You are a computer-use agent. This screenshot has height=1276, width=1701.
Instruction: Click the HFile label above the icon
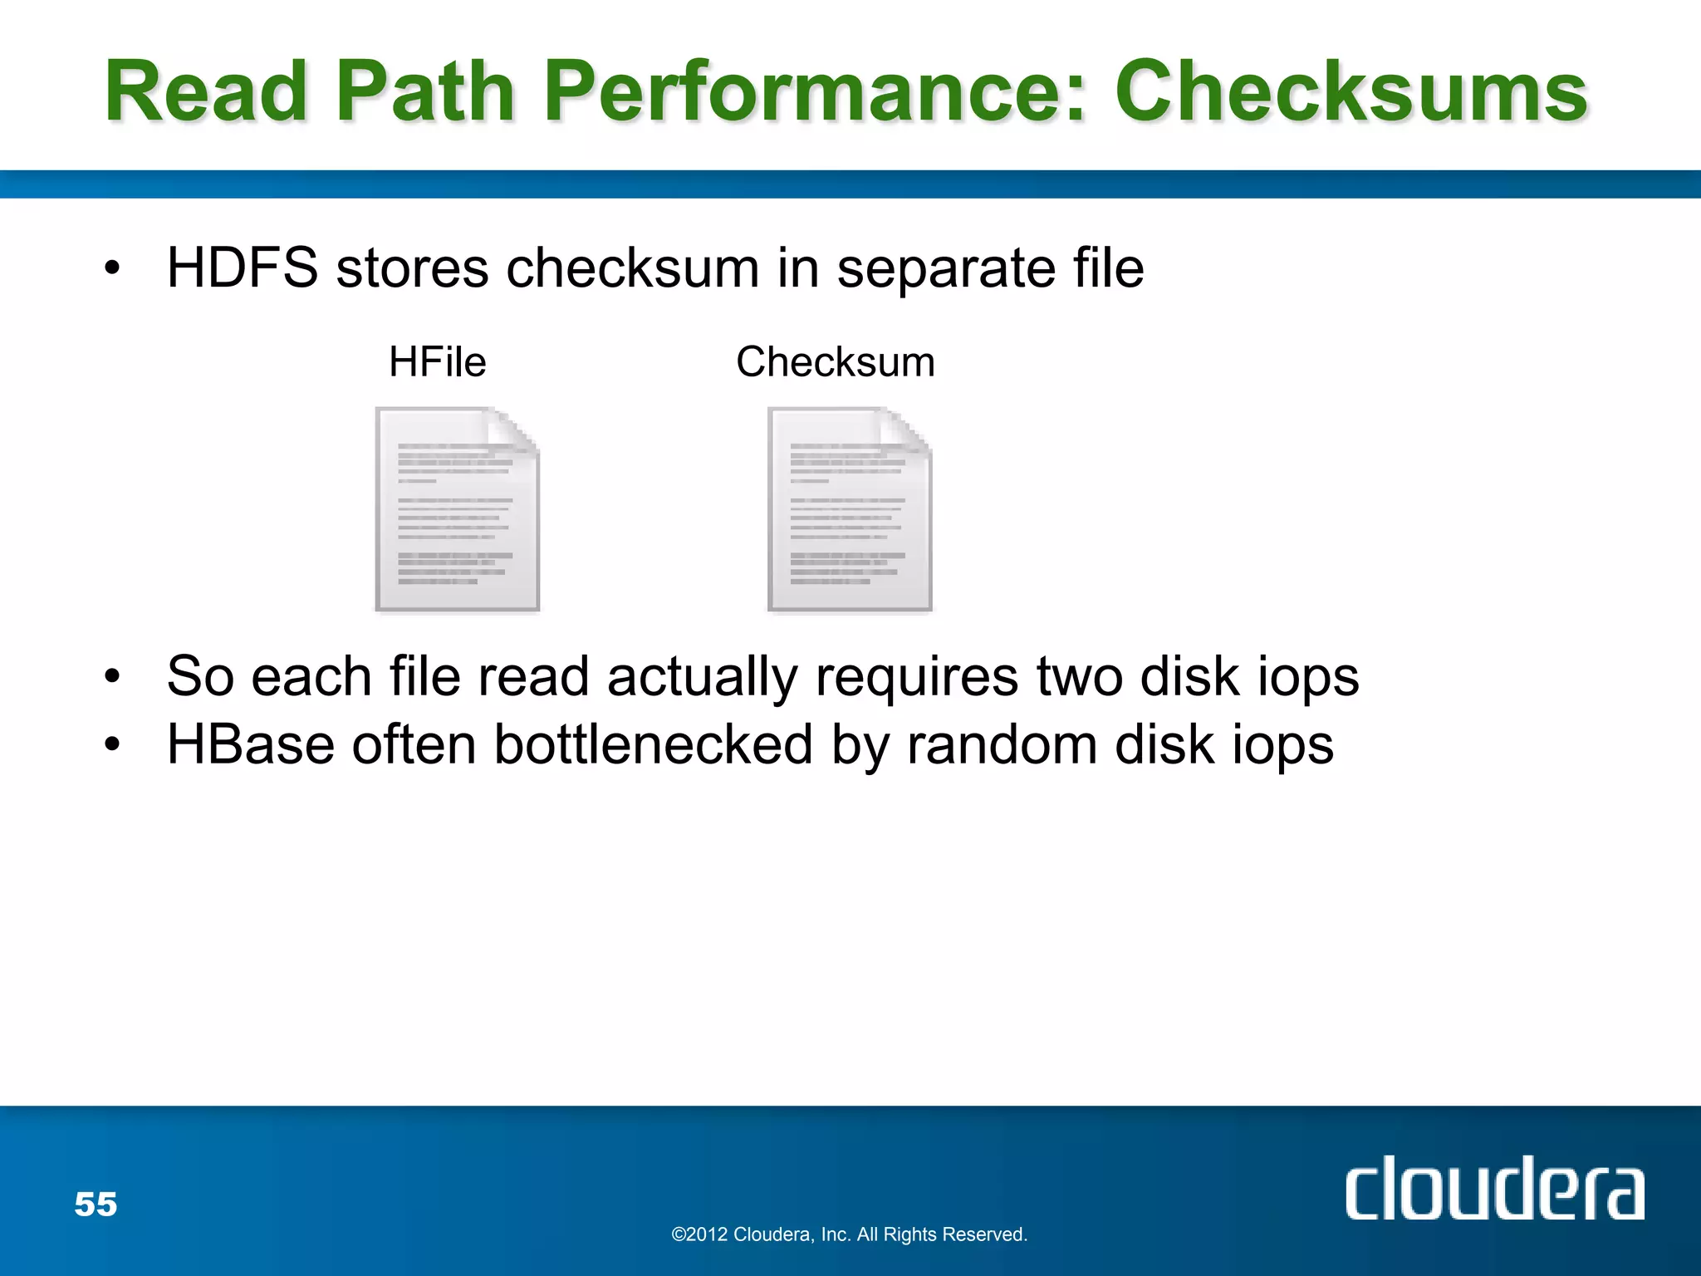438,362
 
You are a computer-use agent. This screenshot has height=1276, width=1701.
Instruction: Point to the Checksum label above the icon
836,362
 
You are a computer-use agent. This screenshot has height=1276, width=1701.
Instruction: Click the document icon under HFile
458,508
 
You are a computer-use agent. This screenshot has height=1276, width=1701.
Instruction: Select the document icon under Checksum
850,508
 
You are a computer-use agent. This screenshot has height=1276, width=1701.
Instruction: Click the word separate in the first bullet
945,270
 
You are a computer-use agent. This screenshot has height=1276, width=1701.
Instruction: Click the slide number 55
96,1205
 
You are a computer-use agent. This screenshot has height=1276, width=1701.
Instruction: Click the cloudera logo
1494,1189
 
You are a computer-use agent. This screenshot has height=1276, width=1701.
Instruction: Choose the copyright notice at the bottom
849,1234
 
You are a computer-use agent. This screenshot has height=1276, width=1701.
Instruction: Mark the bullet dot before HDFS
112,269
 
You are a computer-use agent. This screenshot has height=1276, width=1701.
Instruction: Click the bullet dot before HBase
112,745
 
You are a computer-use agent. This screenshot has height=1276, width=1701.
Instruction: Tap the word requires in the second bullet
916,678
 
